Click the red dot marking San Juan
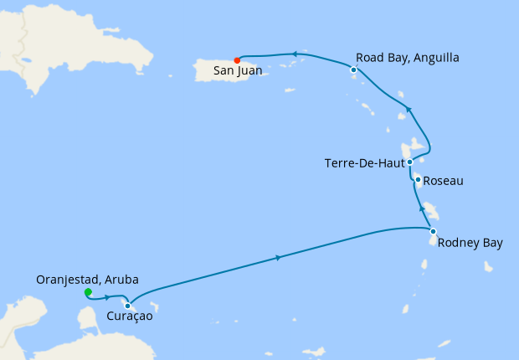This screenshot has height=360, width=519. coord(238,60)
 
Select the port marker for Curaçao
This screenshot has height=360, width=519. coord(127,306)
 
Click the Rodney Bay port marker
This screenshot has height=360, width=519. coord(433,231)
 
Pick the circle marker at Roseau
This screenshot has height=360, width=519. coord(417,179)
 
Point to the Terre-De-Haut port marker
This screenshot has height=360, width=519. coord(409,162)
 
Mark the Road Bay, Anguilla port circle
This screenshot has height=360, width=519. coord(354,70)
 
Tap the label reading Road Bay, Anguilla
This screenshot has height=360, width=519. coord(407,58)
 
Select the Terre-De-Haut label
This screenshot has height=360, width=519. coord(363,163)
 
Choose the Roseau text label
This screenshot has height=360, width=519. coord(444,181)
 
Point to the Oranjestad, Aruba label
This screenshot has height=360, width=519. coord(87,279)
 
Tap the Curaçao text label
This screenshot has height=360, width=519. coord(130,317)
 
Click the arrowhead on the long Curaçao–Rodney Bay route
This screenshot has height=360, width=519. coord(278,257)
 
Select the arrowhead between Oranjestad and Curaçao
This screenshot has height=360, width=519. coord(108,297)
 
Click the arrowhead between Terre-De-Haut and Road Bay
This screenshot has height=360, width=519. coord(409,109)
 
